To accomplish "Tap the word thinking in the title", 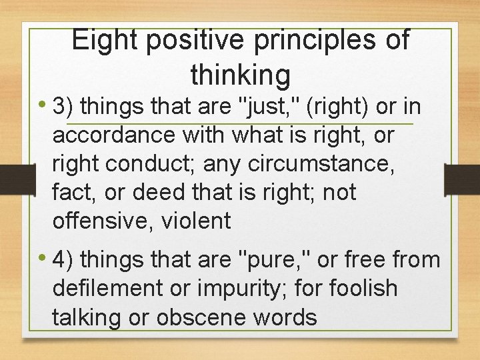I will pos(240,75).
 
